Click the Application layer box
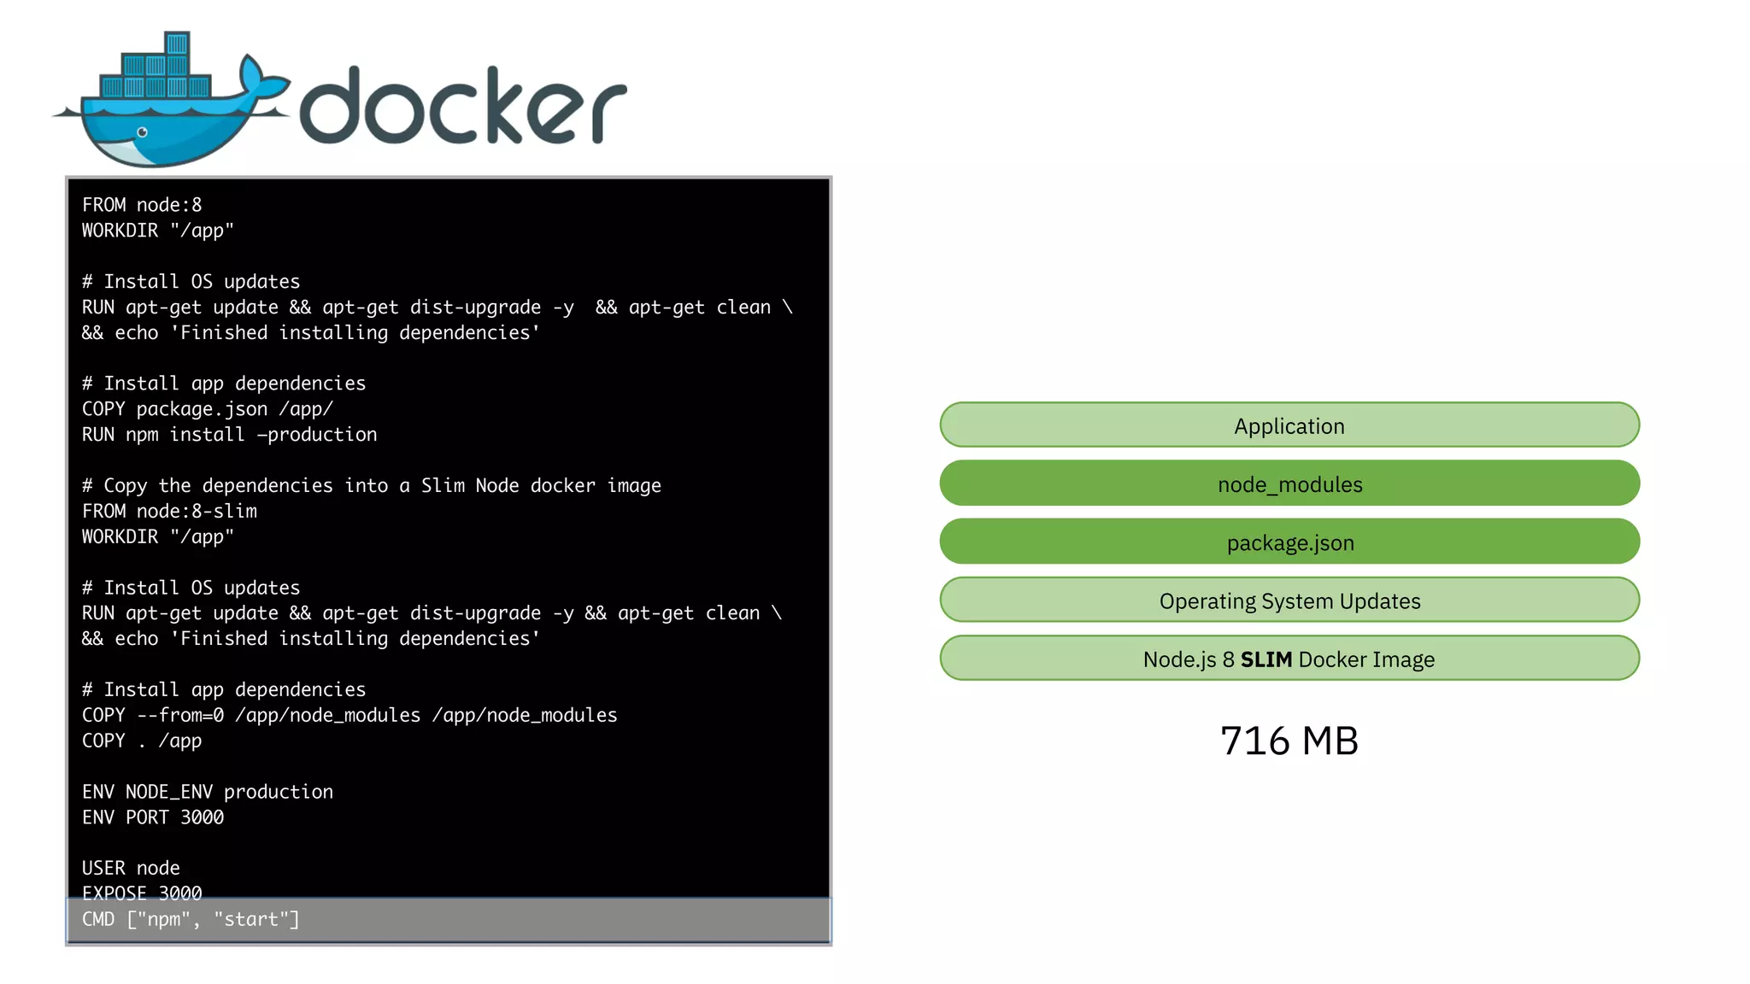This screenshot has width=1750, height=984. pos(1289,425)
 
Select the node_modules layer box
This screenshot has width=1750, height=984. pos(1289,483)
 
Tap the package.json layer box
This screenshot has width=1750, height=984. pos(1289,542)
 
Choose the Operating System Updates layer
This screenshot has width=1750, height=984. pos(1289,600)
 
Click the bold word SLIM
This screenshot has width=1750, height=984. pos(1266,659)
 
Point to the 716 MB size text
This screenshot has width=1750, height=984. pos(1289,741)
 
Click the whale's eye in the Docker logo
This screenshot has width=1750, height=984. pos(143,132)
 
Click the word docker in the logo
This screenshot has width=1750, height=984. pos(462,107)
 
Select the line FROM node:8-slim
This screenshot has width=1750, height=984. pos(169,511)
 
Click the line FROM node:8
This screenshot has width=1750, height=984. pos(142,205)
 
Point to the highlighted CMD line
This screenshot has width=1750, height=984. pos(191,919)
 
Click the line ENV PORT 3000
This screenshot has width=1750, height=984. pos(153,817)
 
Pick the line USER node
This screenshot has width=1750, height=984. pos(131,868)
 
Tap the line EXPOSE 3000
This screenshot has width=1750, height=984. pos(142,893)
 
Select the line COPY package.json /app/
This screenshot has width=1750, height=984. pos(208,409)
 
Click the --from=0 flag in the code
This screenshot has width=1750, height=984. pos(180,715)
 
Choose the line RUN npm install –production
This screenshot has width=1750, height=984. pos(229,435)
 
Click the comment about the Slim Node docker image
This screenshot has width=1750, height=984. pos(371,485)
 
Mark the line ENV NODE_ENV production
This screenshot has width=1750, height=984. pos(208,792)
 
